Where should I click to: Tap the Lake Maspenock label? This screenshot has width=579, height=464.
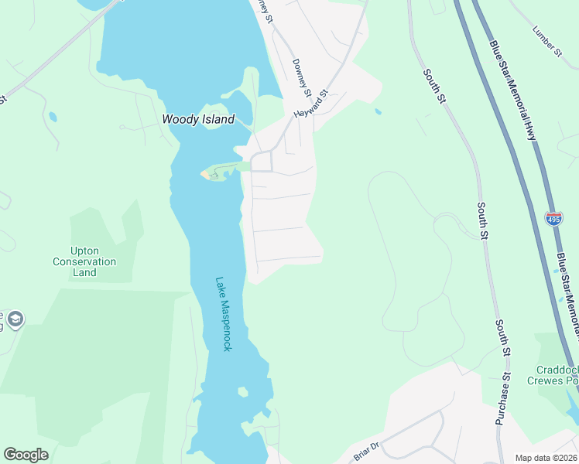pyautogui.click(x=224, y=314)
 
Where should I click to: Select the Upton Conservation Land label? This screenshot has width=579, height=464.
pyautogui.click(x=84, y=261)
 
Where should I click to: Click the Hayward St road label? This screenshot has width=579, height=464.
pyautogui.click(x=311, y=103)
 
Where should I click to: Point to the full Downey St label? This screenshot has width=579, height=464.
pyautogui.click(x=302, y=78)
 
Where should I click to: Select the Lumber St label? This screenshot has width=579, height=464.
pyautogui.click(x=547, y=42)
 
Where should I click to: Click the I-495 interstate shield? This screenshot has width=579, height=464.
pyautogui.click(x=553, y=219)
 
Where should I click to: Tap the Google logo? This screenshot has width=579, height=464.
pyautogui.click(x=26, y=455)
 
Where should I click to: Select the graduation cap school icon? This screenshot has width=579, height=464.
pyautogui.click(x=15, y=319)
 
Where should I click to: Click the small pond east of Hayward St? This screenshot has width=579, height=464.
pyautogui.click(x=377, y=111)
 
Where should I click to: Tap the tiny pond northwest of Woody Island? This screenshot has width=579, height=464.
pyautogui.click(x=52, y=117)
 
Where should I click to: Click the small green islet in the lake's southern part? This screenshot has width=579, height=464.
pyautogui.click(x=243, y=392)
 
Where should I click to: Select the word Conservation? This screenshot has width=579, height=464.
pyautogui.click(x=84, y=261)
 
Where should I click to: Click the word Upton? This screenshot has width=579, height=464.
pyautogui.click(x=84, y=251)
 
